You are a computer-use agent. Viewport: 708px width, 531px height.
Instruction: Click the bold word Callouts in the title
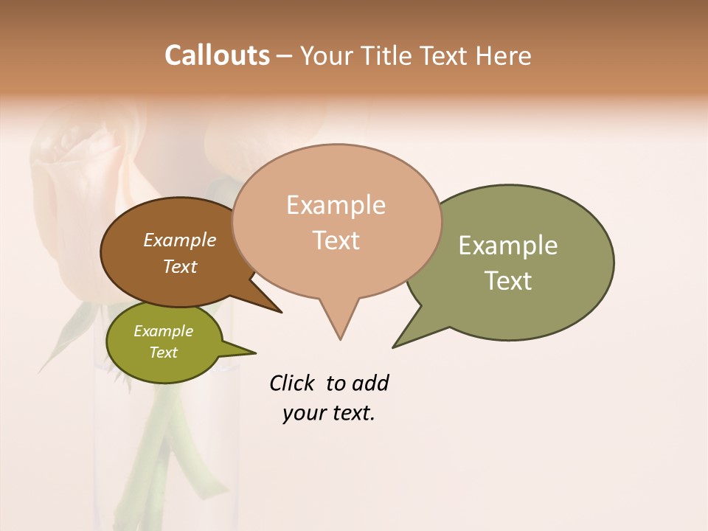point(217,55)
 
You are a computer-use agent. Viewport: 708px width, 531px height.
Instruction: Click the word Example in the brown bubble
point(180,240)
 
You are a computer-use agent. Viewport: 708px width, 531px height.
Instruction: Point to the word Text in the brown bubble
point(180,266)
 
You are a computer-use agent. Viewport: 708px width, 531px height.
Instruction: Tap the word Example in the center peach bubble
point(336,205)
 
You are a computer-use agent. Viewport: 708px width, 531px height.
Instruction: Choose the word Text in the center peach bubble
point(336,240)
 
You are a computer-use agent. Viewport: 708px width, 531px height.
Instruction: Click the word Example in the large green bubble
point(508,246)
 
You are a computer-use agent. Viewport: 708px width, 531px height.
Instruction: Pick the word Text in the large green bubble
point(509,281)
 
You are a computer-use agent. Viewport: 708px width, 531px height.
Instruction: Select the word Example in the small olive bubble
point(163,331)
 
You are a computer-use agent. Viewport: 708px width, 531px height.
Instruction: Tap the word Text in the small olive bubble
point(163,353)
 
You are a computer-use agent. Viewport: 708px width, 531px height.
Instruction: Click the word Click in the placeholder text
point(292,383)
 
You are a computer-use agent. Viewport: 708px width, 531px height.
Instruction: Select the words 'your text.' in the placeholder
point(329,413)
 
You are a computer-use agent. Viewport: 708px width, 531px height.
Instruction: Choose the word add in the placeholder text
point(369,383)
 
